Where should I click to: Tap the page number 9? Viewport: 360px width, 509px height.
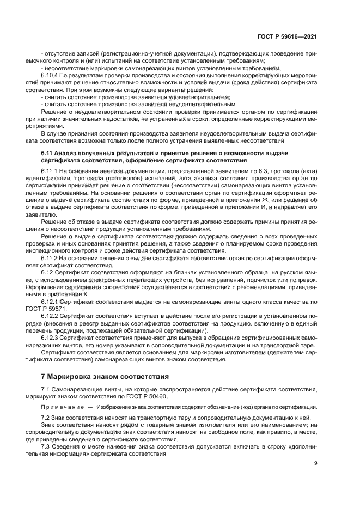[x=316, y=463]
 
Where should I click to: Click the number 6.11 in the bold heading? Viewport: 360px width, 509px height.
[x=47, y=153]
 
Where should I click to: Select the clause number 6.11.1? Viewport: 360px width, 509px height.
[x=50, y=170]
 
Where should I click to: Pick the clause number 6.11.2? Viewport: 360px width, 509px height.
[x=50, y=257]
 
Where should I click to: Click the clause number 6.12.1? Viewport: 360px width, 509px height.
[x=50, y=301]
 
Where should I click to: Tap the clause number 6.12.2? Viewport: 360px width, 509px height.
[x=50, y=315]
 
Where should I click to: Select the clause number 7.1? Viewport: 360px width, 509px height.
[x=46, y=391]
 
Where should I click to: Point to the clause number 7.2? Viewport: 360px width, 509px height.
[x=46, y=416]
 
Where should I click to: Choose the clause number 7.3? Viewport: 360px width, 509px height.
[x=46, y=446]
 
